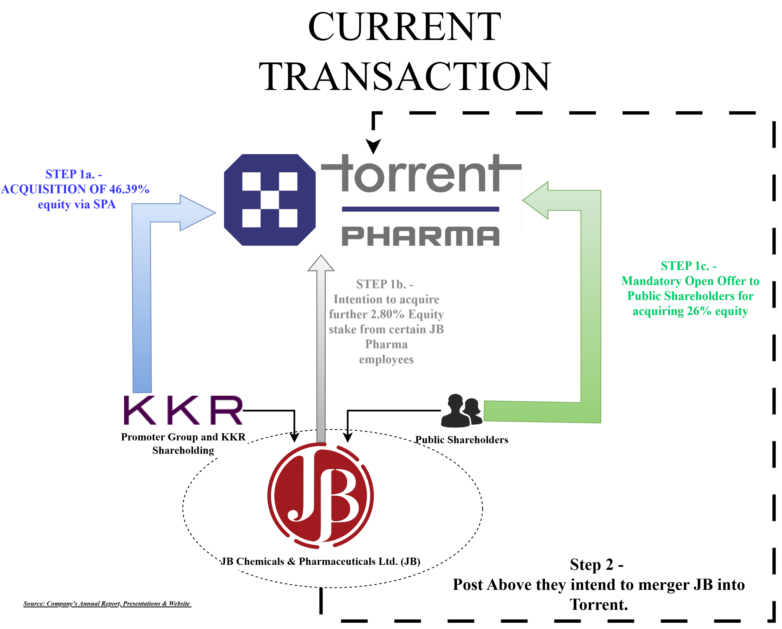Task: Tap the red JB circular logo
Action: tap(321, 495)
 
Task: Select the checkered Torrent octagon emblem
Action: tap(270, 200)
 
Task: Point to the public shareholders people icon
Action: tap(462, 411)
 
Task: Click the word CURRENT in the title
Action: tap(404, 27)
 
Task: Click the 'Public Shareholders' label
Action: tap(462, 440)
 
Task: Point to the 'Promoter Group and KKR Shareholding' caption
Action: tap(183, 443)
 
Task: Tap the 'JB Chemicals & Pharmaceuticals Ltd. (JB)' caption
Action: tap(321, 561)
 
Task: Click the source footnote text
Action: tap(107, 604)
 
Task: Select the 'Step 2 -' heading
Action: tap(597, 564)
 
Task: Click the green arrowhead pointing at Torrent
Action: tap(536, 200)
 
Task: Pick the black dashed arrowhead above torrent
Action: tap(373, 146)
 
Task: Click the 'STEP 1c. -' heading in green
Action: tap(688, 266)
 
